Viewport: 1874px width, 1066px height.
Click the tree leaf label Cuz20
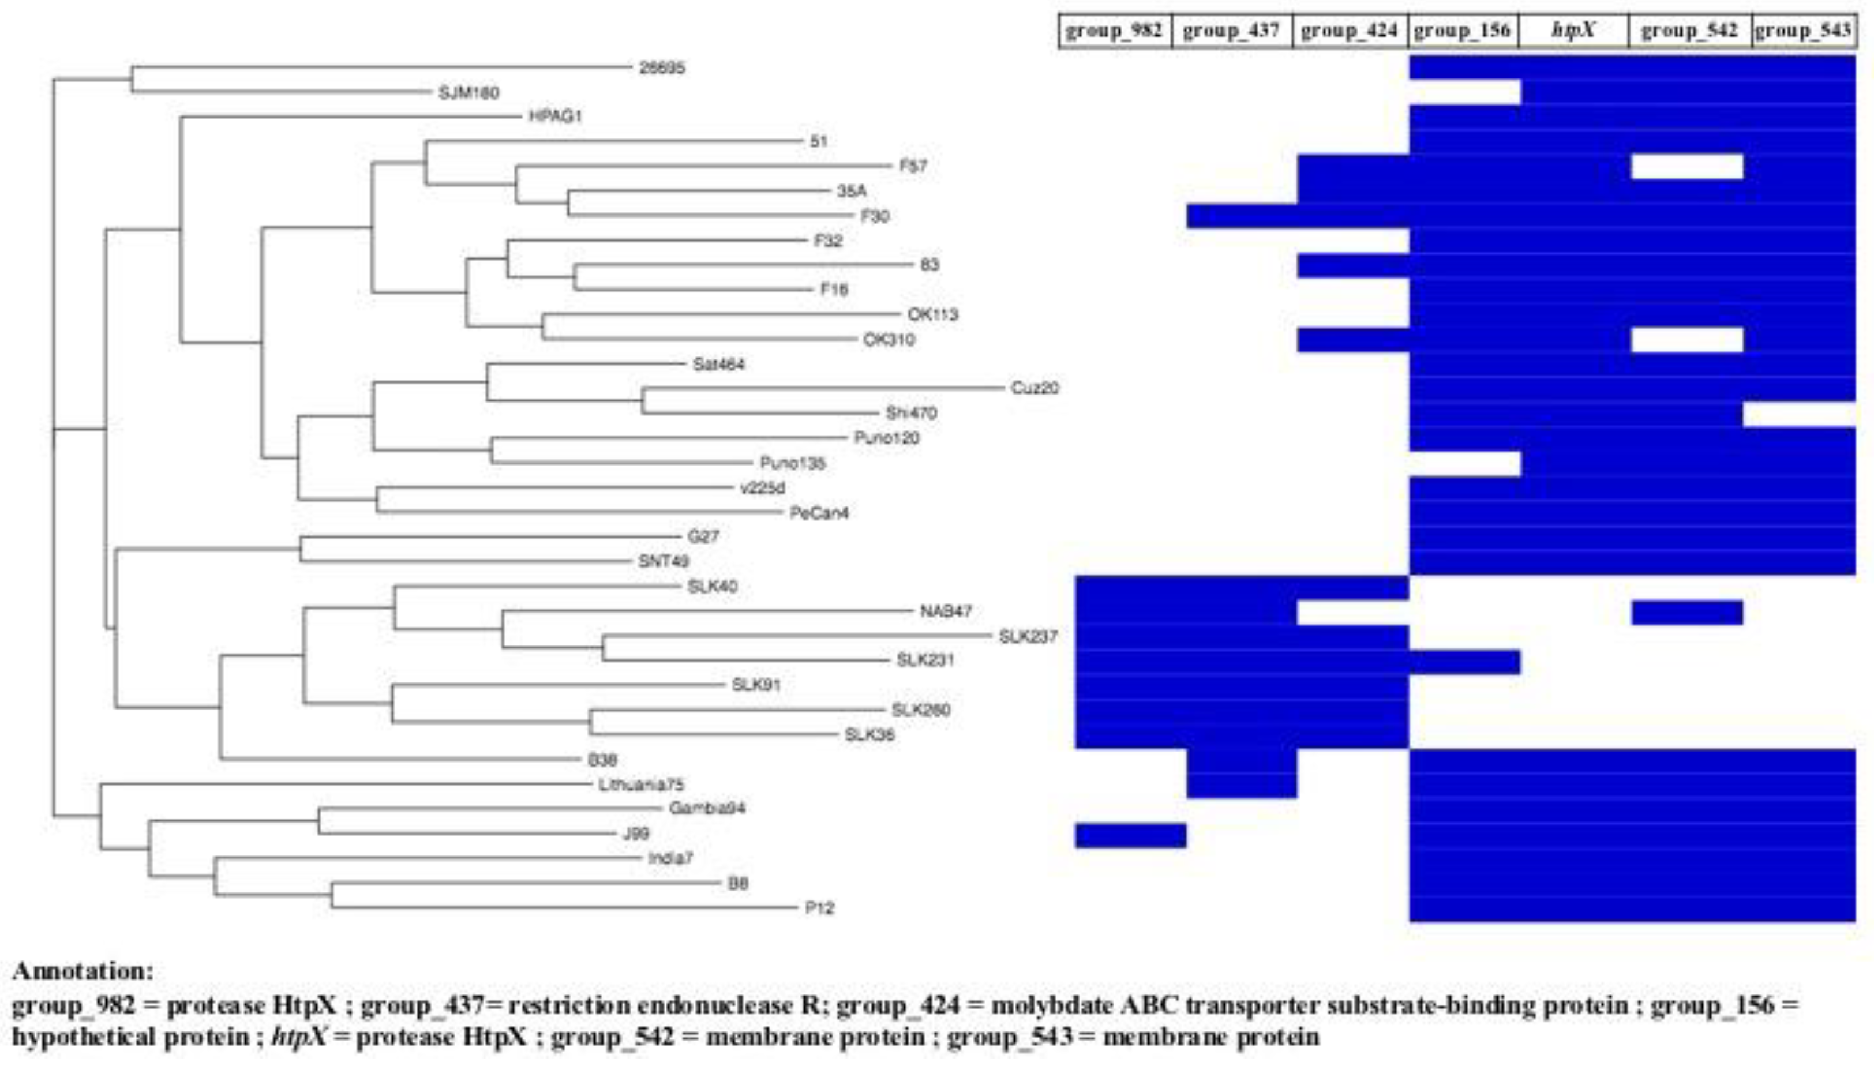(1034, 388)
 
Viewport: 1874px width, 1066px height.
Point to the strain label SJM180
(468, 93)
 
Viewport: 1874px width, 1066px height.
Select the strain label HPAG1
(555, 117)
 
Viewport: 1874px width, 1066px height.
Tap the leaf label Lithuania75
(641, 785)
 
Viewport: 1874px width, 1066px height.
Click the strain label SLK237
(1028, 636)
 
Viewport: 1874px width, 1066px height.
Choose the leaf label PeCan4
(819, 513)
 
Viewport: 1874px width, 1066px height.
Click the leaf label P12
(819, 908)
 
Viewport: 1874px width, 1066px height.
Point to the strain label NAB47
(946, 611)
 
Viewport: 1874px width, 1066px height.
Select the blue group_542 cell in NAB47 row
(1686, 613)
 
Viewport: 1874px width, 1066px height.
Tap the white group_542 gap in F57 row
(1686, 167)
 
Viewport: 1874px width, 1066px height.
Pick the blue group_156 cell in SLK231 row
(1464, 662)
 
